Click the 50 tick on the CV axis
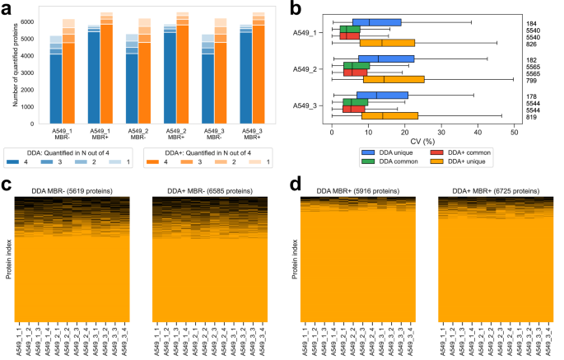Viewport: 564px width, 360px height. tap(514, 131)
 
